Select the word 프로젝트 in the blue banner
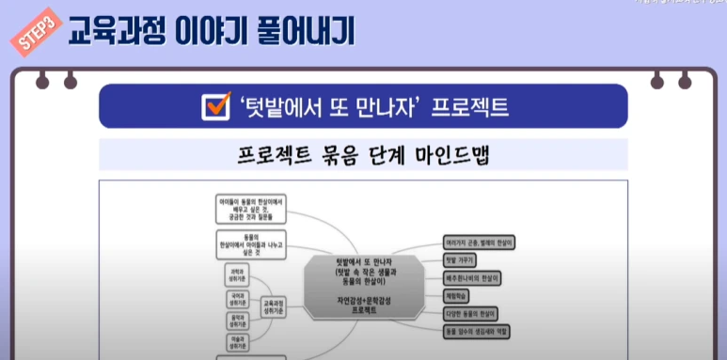click(x=469, y=106)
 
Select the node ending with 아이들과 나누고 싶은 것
click(x=250, y=241)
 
